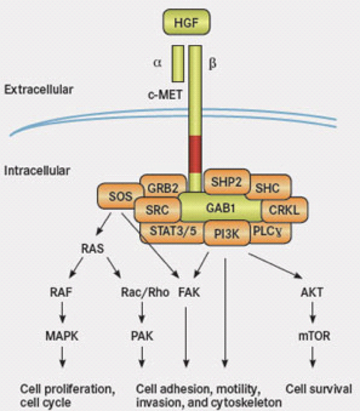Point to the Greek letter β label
click(213, 64)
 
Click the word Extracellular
click(39, 90)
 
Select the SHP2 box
click(226, 182)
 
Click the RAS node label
click(93, 251)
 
